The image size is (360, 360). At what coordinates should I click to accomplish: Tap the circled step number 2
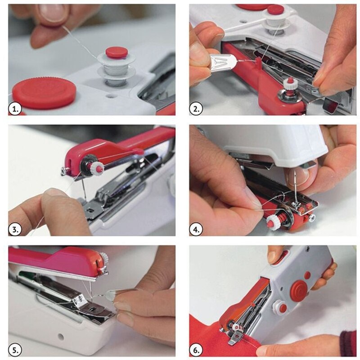click(x=196, y=108)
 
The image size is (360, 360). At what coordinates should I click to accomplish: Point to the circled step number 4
click(x=196, y=229)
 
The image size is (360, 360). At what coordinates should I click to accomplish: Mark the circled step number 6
click(x=196, y=350)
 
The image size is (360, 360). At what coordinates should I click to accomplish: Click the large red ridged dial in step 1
click(x=44, y=92)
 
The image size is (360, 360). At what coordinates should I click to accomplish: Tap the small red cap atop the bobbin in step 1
click(x=117, y=52)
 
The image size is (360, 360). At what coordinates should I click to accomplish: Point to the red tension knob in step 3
click(x=96, y=168)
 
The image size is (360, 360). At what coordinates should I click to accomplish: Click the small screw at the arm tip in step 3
click(x=63, y=171)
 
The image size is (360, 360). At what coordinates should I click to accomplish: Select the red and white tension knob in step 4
click(x=273, y=221)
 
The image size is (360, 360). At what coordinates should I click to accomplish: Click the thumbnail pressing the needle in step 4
click(x=298, y=175)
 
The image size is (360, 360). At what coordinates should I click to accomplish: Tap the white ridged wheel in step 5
click(x=104, y=258)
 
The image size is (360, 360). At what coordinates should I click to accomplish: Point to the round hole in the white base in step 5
click(x=60, y=337)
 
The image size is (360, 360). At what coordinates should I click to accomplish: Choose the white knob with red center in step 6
click(x=280, y=307)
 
